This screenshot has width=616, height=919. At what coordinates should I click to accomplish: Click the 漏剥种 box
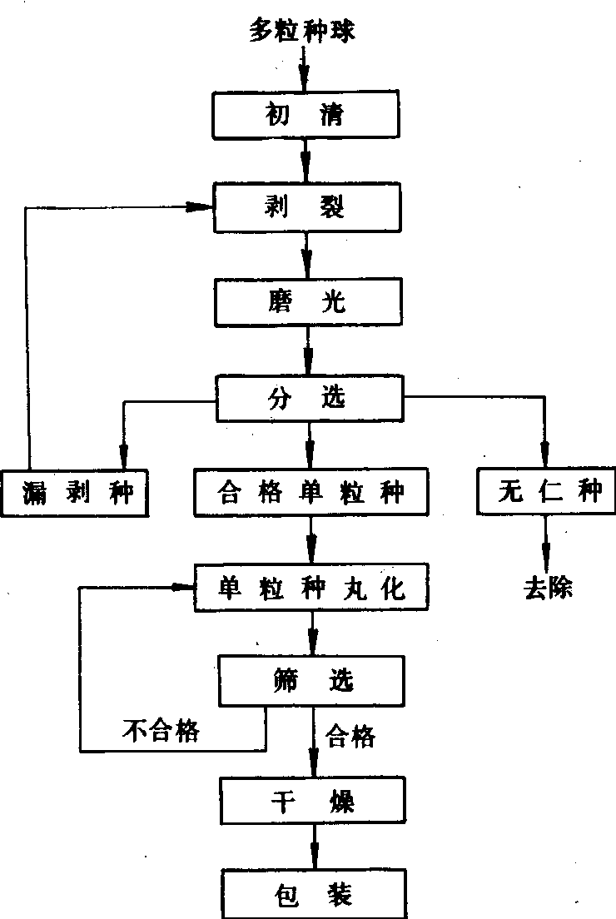tap(77, 493)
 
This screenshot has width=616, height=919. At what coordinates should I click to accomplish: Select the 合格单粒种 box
tap(310, 493)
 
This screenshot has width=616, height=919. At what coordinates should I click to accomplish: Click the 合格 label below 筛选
tap(350, 736)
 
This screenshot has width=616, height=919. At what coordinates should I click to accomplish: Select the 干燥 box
tap(312, 801)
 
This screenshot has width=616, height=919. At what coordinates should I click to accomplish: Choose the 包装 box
tap(312, 894)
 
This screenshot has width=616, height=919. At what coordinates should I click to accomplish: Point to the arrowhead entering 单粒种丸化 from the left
tap(183, 588)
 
